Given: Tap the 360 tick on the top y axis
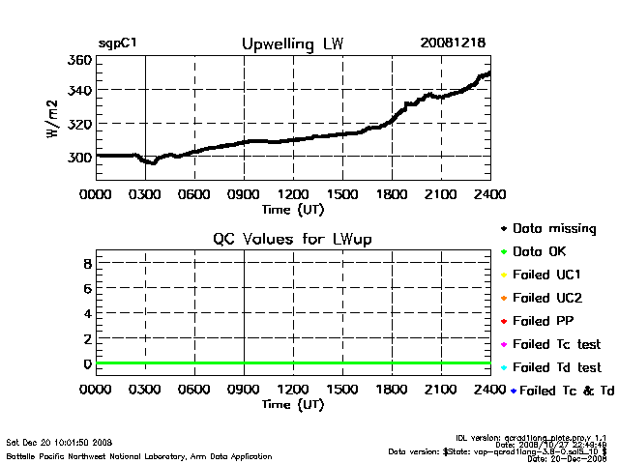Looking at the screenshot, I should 79,60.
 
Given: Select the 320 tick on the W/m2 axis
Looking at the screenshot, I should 79,124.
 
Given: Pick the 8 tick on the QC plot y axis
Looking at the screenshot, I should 87,263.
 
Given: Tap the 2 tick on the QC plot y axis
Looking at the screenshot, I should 87,338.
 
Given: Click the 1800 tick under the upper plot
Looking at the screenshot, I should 392,193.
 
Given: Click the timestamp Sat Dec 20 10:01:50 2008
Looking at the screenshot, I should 60,442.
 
